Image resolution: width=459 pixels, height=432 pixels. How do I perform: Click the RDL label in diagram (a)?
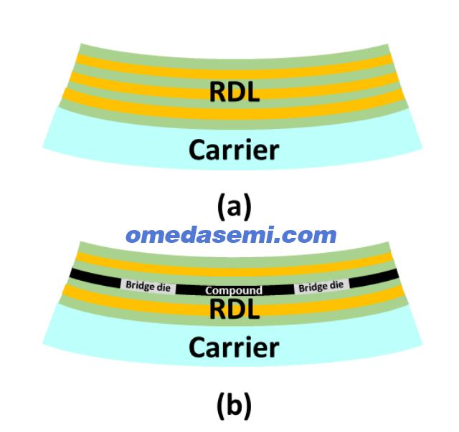point(235,91)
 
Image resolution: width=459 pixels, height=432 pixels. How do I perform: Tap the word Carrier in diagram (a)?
point(234,150)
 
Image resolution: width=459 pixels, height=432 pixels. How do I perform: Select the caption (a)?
point(235,206)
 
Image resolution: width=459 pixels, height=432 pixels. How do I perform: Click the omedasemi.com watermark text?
point(231,235)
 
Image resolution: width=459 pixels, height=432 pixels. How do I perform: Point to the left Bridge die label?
point(148,286)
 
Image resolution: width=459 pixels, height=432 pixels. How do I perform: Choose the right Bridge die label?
point(321,286)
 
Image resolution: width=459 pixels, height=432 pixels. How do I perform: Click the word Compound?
point(234,290)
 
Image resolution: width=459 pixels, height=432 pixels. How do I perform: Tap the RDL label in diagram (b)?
point(235,309)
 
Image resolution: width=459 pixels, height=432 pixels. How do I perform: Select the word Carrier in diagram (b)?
point(234,347)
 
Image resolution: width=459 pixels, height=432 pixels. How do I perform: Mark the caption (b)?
point(235,405)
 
